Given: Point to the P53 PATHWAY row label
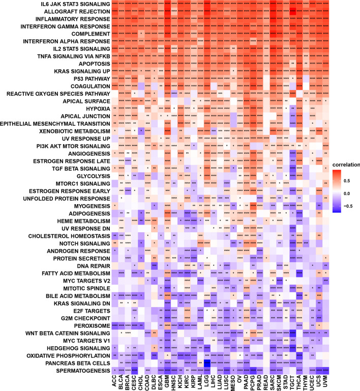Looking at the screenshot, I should point(89,79).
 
